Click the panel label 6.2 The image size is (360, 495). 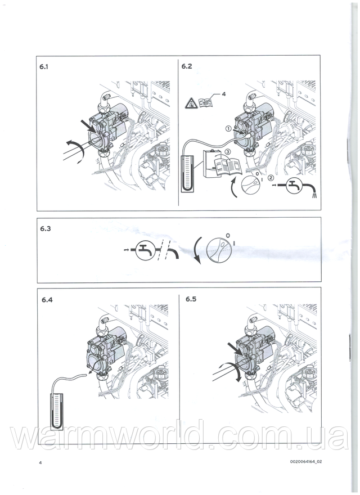click(187, 66)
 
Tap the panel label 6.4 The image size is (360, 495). click(47, 300)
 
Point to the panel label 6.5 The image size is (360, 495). click(191, 299)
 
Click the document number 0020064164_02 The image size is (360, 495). click(305, 461)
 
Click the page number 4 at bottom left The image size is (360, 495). click(40, 462)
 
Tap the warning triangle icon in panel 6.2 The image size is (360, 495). click(191, 103)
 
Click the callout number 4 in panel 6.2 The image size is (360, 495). click(223, 94)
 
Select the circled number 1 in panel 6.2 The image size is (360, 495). click(228, 128)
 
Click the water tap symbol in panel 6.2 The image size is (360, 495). click(295, 187)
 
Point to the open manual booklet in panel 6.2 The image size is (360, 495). click(228, 167)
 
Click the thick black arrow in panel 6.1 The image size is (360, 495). click(89, 126)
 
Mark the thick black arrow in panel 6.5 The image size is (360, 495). click(235, 350)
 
